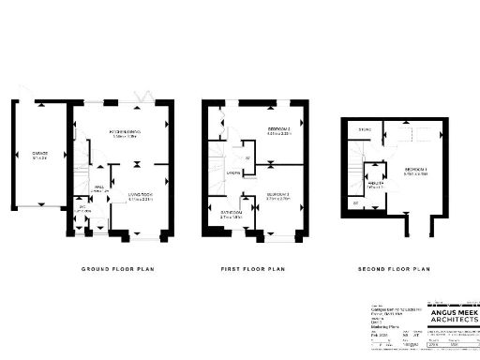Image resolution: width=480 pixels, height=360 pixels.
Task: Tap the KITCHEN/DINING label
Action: [124, 131]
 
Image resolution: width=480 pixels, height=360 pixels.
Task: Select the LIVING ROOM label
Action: [140, 195]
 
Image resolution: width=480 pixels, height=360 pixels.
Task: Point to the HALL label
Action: [98, 187]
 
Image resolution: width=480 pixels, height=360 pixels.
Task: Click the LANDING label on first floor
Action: [232, 172]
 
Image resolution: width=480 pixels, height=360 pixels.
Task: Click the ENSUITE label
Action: [374, 184]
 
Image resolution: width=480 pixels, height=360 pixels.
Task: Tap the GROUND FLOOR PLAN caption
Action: [116, 269]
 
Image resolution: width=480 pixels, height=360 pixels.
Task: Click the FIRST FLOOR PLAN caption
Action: [253, 269]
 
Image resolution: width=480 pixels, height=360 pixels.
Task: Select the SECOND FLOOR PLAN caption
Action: [393, 269]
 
